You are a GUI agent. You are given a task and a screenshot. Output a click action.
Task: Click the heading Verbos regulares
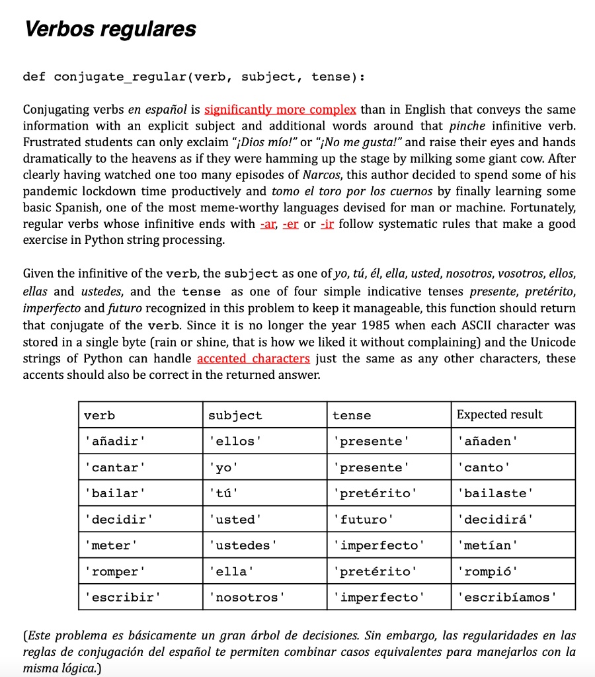coord(110,30)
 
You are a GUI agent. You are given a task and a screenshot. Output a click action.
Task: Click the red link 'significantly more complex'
coord(280,109)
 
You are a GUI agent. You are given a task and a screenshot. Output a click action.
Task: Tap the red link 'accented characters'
coord(253,358)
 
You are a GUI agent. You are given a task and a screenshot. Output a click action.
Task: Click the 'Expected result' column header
coord(499,415)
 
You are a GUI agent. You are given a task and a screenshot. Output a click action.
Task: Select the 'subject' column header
coord(235,415)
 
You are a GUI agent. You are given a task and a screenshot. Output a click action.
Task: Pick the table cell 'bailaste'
coord(494,493)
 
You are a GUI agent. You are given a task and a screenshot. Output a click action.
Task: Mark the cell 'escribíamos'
coord(506,597)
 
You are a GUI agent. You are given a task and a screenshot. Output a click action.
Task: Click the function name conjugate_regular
coord(121,77)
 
